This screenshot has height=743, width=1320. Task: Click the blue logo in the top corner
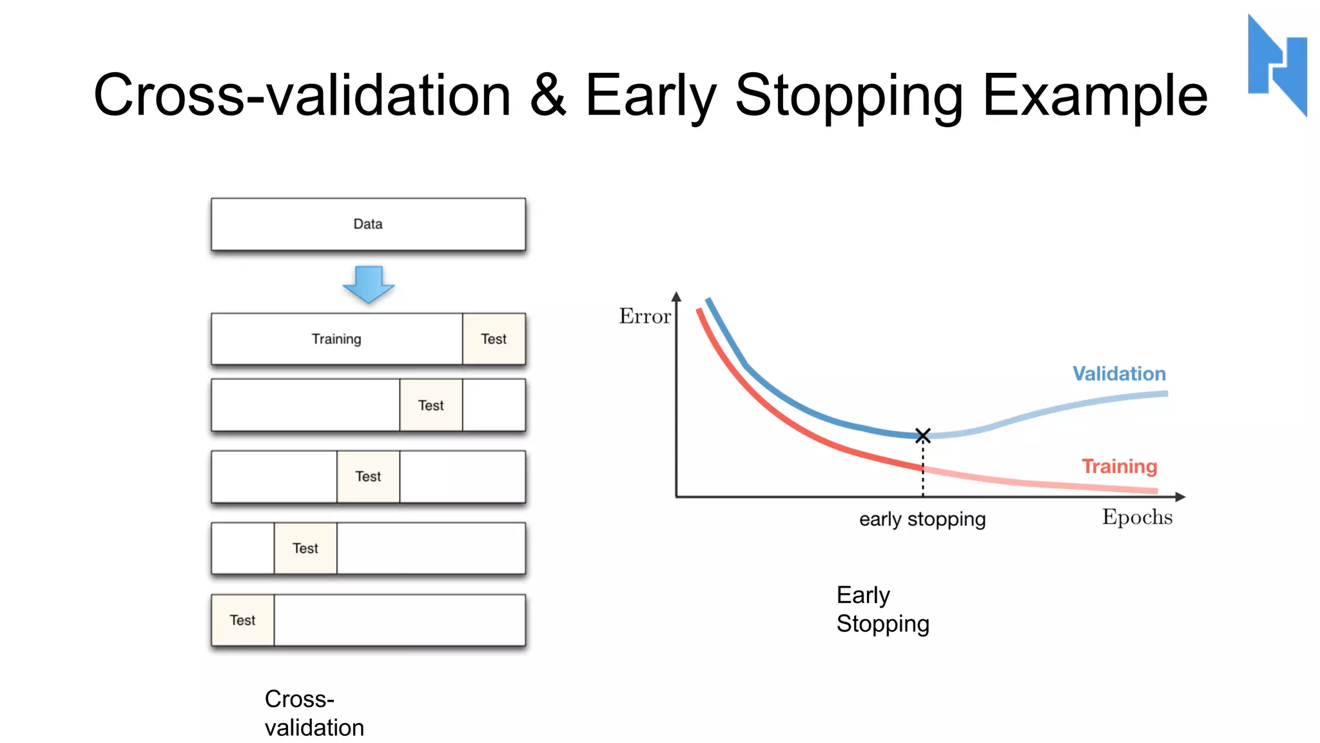pos(1277,64)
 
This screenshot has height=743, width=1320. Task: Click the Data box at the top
pos(368,224)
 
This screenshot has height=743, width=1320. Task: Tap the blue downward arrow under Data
pos(368,284)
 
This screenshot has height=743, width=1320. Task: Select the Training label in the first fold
pos(336,339)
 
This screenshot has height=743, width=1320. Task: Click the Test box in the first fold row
pos(494,339)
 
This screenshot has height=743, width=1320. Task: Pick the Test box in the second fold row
pos(431,405)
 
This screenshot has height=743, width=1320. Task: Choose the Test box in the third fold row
pos(368,476)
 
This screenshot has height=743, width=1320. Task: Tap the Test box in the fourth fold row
pos(305,548)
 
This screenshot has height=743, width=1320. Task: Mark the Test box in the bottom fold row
pos(242,620)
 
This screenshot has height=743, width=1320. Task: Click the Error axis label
pos(645,316)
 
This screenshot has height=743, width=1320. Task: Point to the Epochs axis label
pos(1137,517)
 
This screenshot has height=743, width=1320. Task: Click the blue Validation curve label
pos(1119,373)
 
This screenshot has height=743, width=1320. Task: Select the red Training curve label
pos(1119,466)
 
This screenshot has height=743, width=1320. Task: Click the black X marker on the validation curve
pos(922,435)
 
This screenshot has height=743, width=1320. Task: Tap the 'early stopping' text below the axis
pos(922,519)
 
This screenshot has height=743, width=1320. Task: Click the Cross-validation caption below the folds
pos(314,713)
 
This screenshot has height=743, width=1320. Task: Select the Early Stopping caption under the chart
pos(882,609)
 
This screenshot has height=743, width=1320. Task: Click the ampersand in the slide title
pos(548,95)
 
